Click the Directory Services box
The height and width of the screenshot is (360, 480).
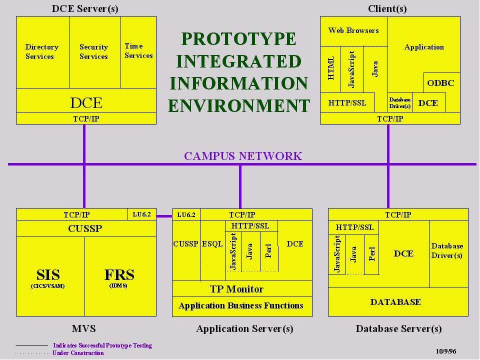coord(43,52)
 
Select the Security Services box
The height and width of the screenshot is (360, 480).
coord(95,52)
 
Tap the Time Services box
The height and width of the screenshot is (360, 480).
coord(138,52)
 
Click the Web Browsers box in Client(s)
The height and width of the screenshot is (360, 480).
coord(354,31)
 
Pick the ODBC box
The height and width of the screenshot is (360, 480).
coord(441,83)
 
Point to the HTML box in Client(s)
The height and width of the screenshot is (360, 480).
coord(330,69)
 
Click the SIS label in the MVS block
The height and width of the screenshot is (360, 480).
coord(48,275)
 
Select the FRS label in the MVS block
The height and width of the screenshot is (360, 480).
coord(119,275)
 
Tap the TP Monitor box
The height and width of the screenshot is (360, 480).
coord(242,288)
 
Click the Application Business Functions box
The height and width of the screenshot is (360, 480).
coord(242,306)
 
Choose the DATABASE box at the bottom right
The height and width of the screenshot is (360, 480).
coord(398,302)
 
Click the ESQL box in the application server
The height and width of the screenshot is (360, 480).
coord(213,250)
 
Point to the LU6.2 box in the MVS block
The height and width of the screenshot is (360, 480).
coord(141,214)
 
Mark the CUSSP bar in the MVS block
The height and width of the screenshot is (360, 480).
coord(86,228)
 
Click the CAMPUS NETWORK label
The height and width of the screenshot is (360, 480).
coord(243,156)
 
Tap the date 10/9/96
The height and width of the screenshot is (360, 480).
coord(446,351)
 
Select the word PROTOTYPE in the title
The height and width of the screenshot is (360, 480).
coord(239,39)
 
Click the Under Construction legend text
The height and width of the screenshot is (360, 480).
coord(78,353)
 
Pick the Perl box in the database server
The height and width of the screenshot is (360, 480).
coord(371,254)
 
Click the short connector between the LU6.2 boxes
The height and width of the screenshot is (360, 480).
coord(164,216)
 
